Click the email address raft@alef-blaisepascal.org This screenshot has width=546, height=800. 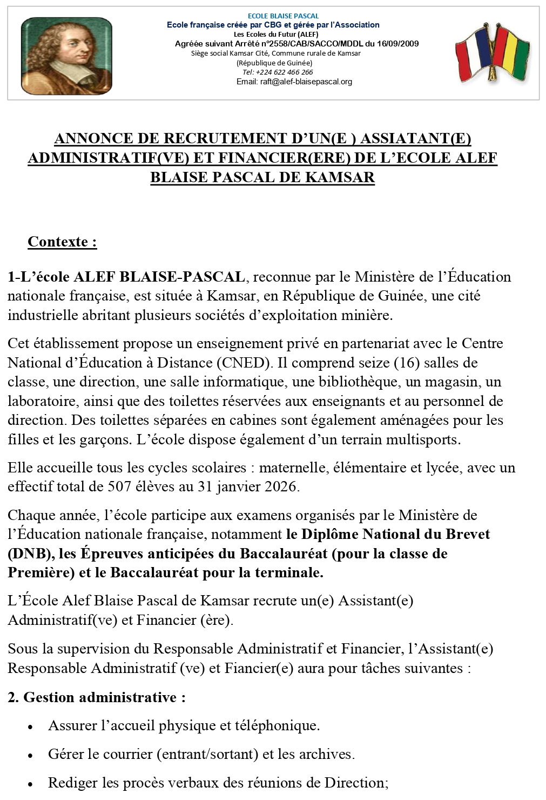(x=294, y=82)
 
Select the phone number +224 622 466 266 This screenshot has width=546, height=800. (x=278, y=72)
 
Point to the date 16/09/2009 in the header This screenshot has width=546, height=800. (x=399, y=44)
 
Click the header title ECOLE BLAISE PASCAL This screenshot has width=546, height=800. (x=275, y=16)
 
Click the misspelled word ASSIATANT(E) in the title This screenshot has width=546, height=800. (x=415, y=139)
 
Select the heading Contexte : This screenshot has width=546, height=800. (x=62, y=241)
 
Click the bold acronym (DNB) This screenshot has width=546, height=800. (x=25, y=554)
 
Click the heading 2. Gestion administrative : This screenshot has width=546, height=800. (x=97, y=697)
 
